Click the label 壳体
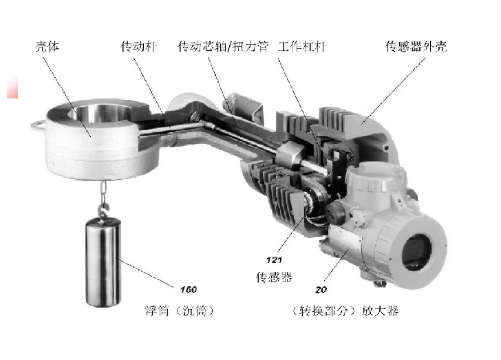pyautogui.click(x=47, y=47)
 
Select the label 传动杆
pyautogui.click(x=139, y=47)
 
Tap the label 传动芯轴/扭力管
pyautogui.click(x=223, y=47)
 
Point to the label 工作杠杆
pyautogui.click(x=302, y=47)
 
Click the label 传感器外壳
pyautogui.click(x=416, y=47)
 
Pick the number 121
pyautogui.click(x=274, y=260)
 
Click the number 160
pyautogui.click(x=189, y=290)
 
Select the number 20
pyautogui.click(x=321, y=290)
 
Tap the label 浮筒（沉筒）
pyautogui.click(x=180, y=310)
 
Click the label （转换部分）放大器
pyautogui.click(x=345, y=310)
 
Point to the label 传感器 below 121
pyautogui.click(x=274, y=277)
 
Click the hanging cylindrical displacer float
pyautogui.click(x=103, y=262)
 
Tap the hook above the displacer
pyautogui.click(x=103, y=208)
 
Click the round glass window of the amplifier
pyautogui.click(x=416, y=252)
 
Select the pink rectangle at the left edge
pyautogui.click(x=12, y=87)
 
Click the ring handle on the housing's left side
pyautogui.click(x=38, y=126)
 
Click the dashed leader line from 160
pyautogui.click(x=145, y=271)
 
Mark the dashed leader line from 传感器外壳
pyautogui.click(x=393, y=91)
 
